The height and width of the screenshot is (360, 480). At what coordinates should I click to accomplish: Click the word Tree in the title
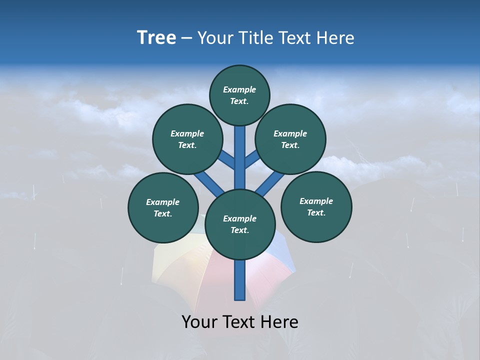point(156,38)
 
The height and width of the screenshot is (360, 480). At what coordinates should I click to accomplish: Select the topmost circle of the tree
point(239,95)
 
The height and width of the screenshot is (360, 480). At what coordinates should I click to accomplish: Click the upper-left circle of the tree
point(187,139)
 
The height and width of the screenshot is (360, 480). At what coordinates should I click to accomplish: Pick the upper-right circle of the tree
point(290,139)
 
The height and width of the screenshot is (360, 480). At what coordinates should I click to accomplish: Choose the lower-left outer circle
point(163,207)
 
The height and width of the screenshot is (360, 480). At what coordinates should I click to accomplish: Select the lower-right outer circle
point(316,206)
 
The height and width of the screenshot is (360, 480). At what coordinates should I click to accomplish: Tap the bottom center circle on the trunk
point(240,224)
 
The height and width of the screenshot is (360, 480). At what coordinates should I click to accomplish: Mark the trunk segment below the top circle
point(240,150)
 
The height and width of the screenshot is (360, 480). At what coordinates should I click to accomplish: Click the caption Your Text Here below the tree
point(240,322)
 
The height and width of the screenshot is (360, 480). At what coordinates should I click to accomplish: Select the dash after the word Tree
point(187,39)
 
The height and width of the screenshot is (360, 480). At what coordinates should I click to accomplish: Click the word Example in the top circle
point(239,90)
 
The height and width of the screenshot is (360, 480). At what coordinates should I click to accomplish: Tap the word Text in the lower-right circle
point(315,213)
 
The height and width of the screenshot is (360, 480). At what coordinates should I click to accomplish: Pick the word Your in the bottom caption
point(199,322)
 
